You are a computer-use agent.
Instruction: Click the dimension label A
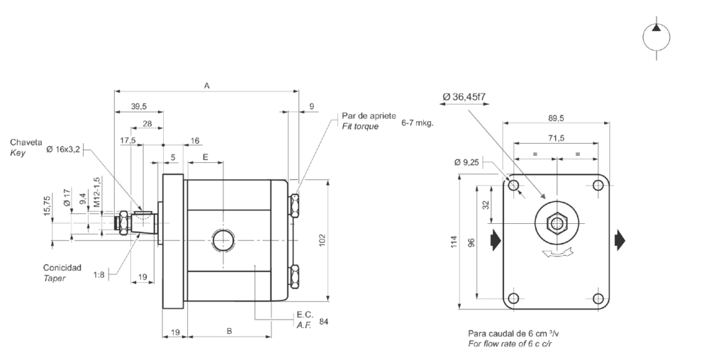point(207,85)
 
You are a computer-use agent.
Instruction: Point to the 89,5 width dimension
point(556,118)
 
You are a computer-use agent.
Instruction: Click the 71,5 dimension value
point(556,138)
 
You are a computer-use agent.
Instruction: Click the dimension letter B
point(229,331)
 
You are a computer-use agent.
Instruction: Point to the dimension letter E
point(205,157)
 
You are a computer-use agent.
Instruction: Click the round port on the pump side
point(223,240)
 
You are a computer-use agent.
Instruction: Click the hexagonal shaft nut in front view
point(557,225)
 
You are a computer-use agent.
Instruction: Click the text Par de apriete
point(368,116)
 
